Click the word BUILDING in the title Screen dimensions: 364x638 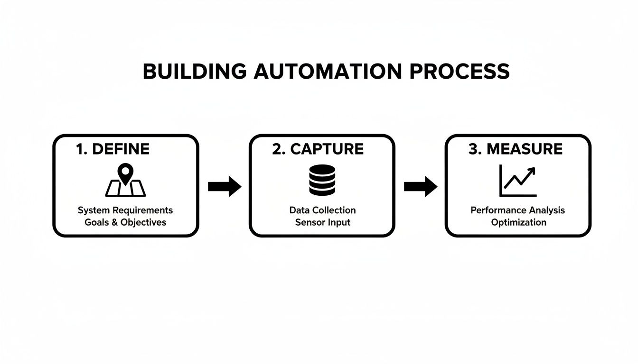[194, 72]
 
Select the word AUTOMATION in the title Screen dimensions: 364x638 [327, 72]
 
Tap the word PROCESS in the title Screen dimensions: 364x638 [459, 72]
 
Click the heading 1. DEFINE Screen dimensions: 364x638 [113, 149]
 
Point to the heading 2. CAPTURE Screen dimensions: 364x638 [318, 149]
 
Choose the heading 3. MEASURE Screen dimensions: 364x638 [515, 149]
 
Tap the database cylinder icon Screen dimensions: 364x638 [322, 180]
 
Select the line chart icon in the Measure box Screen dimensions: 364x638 [517, 181]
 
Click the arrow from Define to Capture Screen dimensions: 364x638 [225, 186]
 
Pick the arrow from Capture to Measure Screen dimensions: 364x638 [420, 186]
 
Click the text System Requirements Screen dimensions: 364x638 [125, 210]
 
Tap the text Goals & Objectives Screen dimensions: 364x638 [125, 222]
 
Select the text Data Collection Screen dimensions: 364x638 [322, 210]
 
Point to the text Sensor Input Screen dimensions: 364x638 [322, 222]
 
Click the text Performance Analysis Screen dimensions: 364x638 [518, 210]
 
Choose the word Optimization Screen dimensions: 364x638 [518, 222]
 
